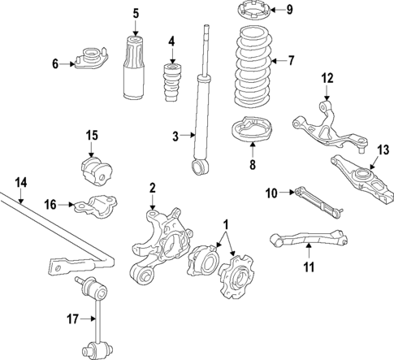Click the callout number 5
tap(136, 13)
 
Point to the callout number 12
tap(327, 78)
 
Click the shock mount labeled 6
tap(89, 59)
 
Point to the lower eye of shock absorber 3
tap(197, 167)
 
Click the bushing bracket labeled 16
tap(96, 205)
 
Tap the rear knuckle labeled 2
tap(160, 235)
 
